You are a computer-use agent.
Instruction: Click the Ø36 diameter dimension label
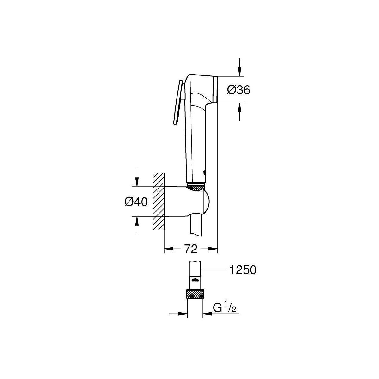(x=238, y=90)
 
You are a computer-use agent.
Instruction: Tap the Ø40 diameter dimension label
(x=136, y=202)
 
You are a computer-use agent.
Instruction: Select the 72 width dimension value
(x=191, y=249)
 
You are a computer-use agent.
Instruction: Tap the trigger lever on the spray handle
(x=178, y=102)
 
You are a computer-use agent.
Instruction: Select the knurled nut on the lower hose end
(x=195, y=294)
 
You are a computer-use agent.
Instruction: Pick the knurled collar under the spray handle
(x=196, y=187)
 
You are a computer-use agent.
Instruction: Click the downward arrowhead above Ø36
(x=239, y=72)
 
